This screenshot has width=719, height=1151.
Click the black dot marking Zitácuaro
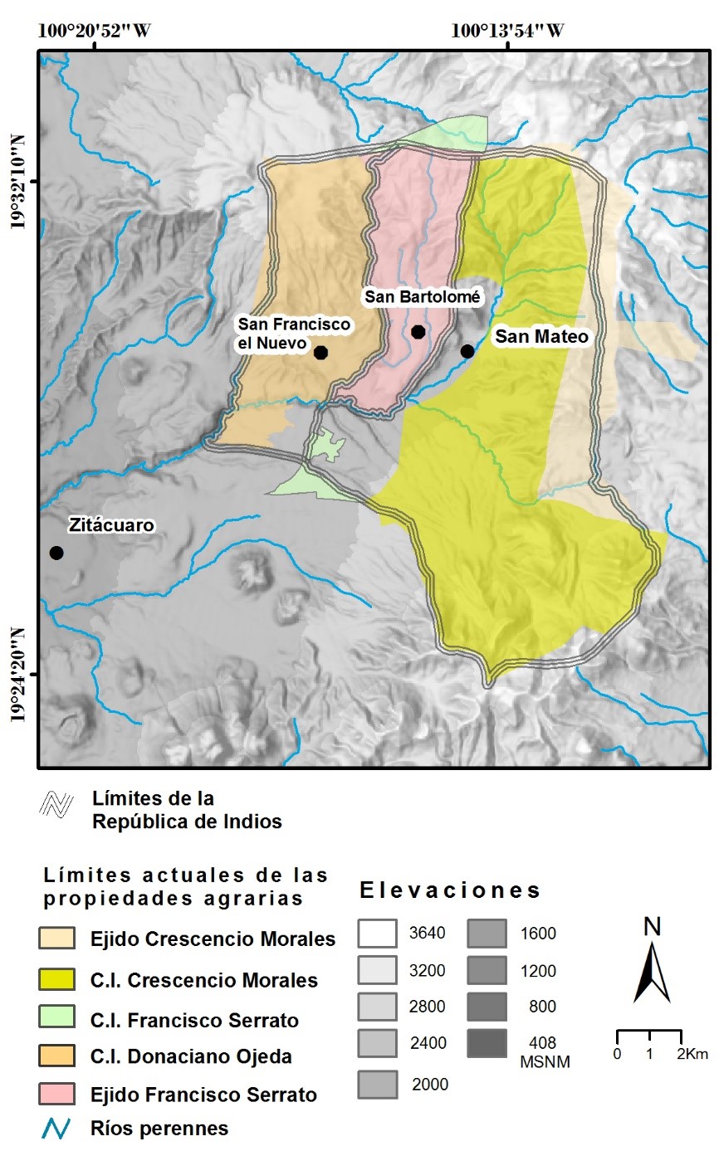pyautogui.click(x=56, y=553)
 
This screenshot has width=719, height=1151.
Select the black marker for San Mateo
pyautogui.click(x=467, y=351)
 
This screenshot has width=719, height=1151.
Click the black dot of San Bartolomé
pyautogui.click(x=418, y=332)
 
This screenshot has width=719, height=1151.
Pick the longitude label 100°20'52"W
pyautogui.click(x=95, y=32)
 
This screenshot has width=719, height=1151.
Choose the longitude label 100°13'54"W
pyautogui.click(x=508, y=32)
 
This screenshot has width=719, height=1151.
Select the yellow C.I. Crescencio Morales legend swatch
pyautogui.click(x=60, y=980)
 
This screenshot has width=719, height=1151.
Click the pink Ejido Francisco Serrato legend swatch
pyautogui.click(x=60, y=1095)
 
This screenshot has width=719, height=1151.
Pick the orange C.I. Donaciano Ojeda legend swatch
pyautogui.click(x=60, y=1056)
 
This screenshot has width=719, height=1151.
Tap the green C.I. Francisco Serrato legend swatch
pyautogui.click(x=60, y=1019)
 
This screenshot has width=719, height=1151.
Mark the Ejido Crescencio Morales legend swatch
pyautogui.click(x=60, y=939)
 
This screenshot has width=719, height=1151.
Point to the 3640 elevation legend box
pyautogui.click(x=379, y=934)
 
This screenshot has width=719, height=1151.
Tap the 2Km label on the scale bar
pyautogui.click(x=692, y=1054)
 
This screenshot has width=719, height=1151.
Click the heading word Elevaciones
pyautogui.click(x=451, y=891)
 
